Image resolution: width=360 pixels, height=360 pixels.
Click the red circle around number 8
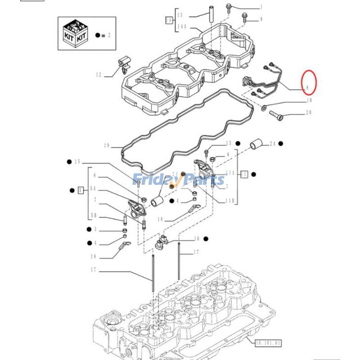tap(309, 84)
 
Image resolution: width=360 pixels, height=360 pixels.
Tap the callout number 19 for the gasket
tap(107, 145)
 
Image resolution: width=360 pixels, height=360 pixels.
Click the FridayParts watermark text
tap(179, 180)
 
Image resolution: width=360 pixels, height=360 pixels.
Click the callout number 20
tap(309, 112)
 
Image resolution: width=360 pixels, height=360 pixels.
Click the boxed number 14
tap(169, 20)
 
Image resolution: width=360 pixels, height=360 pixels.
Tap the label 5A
tap(93, 189)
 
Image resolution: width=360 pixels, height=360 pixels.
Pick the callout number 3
tap(95, 229)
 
